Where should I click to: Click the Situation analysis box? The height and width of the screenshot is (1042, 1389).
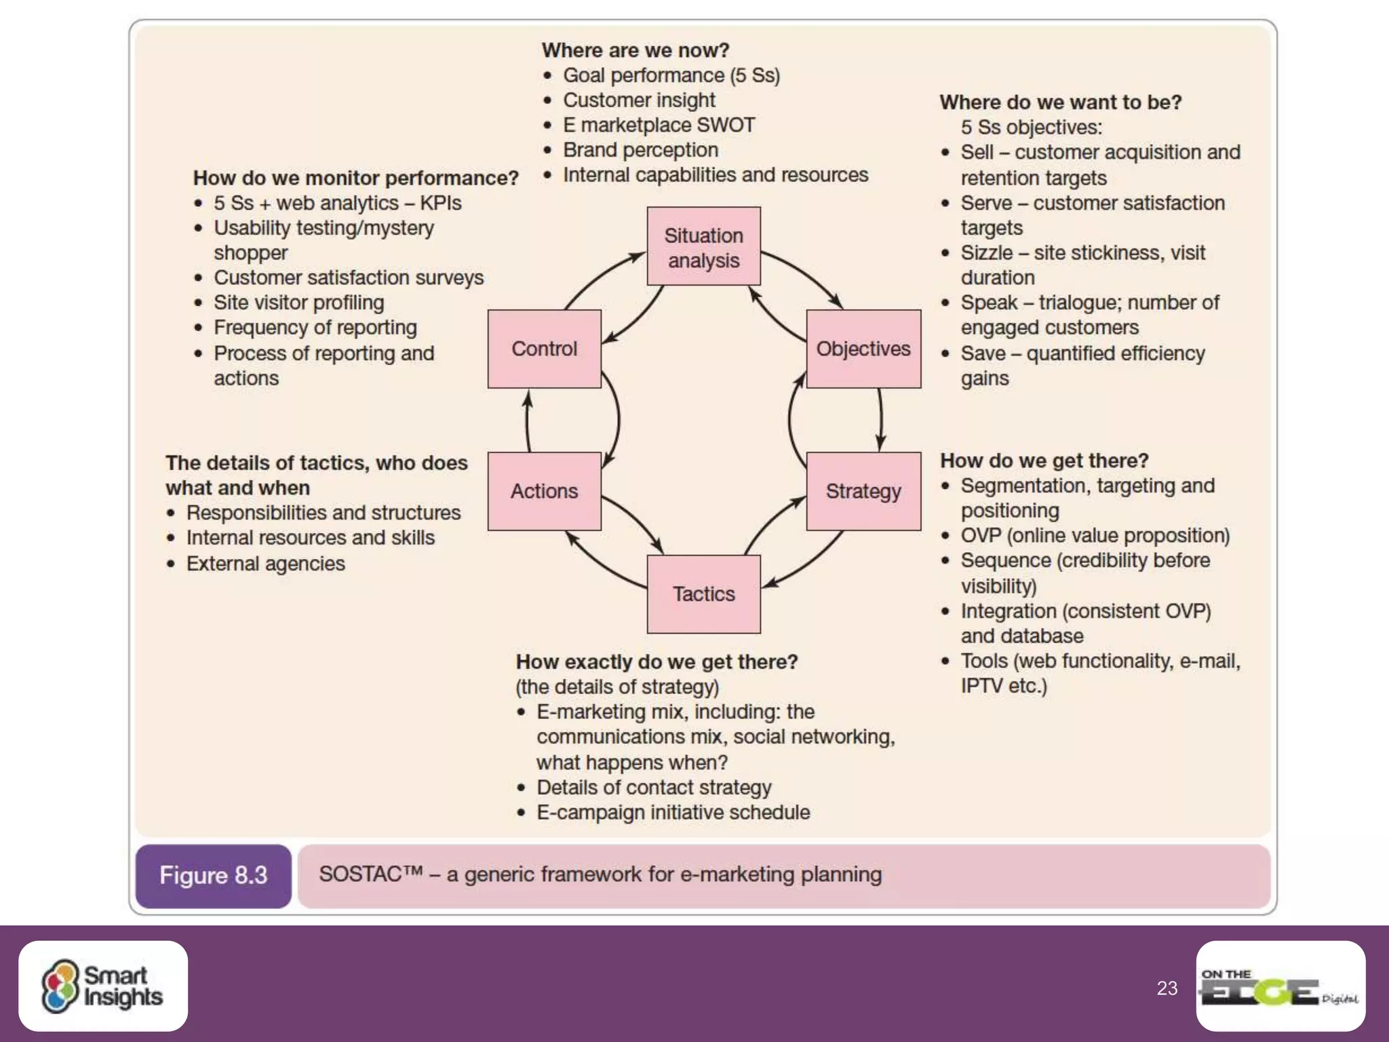[703, 246]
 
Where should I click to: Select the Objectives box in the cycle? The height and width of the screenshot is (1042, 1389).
[863, 349]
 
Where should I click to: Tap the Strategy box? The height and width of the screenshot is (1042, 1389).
[863, 491]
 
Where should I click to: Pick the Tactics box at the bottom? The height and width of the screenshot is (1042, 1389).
[703, 594]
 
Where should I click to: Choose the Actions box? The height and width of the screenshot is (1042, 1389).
[544, 491]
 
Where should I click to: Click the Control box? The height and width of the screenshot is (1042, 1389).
[544, 349]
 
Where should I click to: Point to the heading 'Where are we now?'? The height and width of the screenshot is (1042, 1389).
[635, 50]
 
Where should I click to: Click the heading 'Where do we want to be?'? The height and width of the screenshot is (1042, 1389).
[1060, 102]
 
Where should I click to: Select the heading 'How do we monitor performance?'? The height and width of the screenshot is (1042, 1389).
[355, 178]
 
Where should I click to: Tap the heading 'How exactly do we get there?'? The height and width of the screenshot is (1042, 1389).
[657, 661]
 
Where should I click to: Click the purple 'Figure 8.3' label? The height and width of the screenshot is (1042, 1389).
[213, 876]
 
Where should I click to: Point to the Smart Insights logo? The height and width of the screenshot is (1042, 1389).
[103, 986]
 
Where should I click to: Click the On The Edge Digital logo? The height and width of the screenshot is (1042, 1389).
[1280, 987]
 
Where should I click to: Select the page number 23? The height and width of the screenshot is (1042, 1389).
[1167, 988]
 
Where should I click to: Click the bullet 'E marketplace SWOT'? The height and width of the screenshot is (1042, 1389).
[659, 126]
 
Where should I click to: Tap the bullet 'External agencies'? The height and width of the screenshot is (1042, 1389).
[265, 564]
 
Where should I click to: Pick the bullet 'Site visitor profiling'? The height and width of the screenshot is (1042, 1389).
[298, 303]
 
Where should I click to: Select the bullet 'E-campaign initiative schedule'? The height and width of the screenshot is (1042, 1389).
[673, 813]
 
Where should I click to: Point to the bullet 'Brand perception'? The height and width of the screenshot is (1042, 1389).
[640, 150]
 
